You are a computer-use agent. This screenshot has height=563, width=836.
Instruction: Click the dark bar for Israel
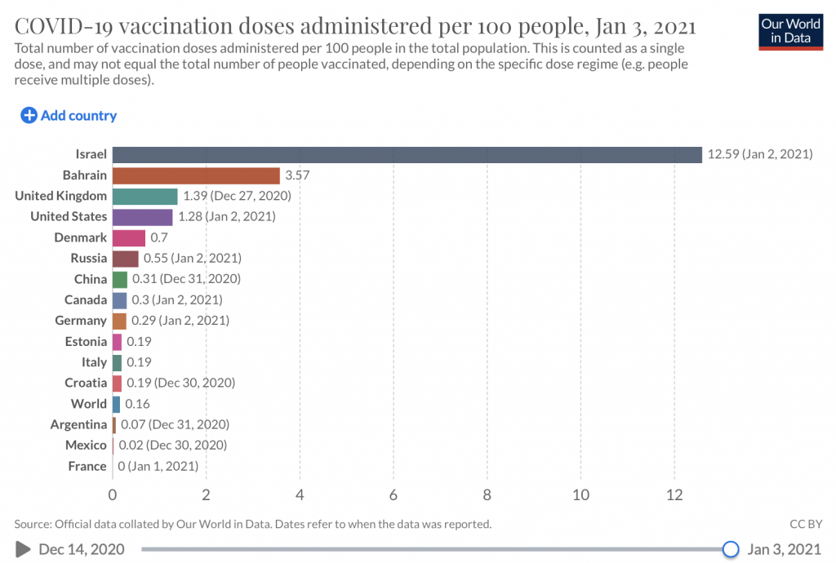407,154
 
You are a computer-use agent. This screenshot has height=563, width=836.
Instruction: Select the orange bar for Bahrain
196,175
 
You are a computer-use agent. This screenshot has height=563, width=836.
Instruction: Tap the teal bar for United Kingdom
145,196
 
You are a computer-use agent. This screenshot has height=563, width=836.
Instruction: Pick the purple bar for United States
142,217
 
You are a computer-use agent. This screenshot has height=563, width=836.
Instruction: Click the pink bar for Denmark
128,237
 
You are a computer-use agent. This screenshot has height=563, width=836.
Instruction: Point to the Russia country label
88,259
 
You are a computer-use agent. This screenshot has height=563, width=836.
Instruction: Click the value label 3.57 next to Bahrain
297,175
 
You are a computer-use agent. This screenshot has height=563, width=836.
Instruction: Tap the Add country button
69,116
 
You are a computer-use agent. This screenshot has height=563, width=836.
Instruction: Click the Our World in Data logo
790,31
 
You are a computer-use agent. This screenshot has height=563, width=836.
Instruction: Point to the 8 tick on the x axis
487,494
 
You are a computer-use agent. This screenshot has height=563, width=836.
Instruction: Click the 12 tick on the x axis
674,494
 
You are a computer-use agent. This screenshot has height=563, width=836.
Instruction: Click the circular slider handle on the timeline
731,549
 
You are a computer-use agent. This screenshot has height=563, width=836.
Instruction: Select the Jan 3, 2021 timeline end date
785,549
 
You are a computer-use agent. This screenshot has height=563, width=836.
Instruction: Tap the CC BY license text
806,524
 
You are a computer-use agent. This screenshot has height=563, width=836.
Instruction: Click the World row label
88,404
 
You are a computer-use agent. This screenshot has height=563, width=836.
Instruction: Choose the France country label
87,466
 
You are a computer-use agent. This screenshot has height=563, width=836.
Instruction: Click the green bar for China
119,279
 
